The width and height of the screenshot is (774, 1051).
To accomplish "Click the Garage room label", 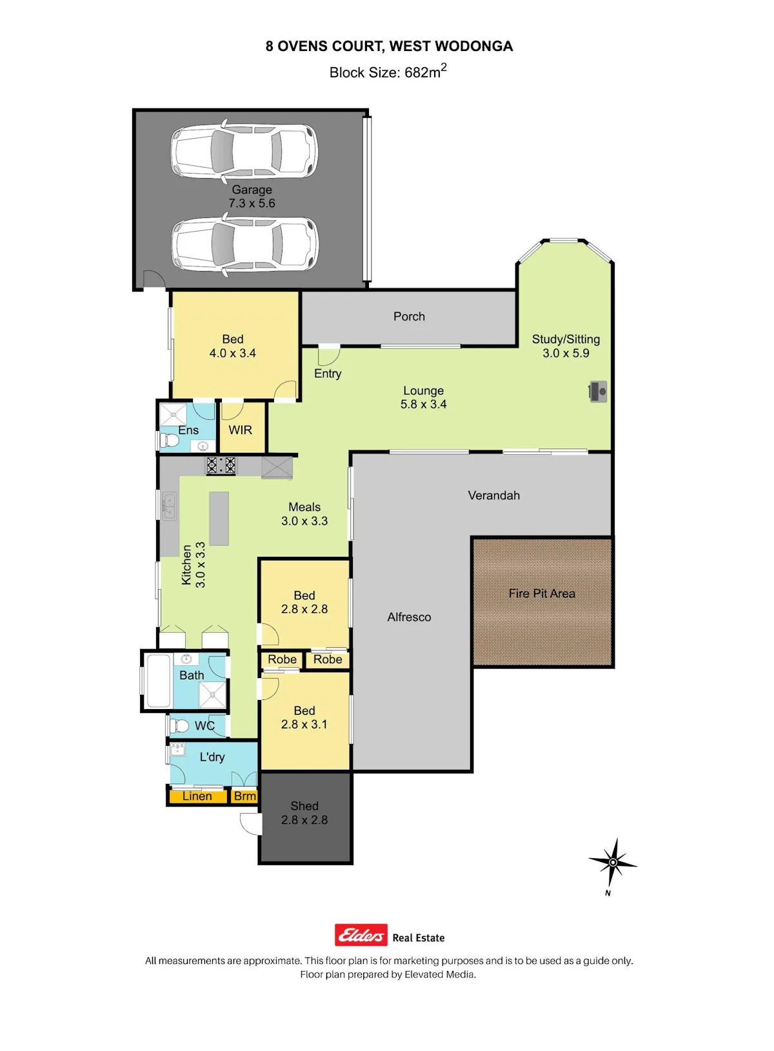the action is click(x=252, y=190).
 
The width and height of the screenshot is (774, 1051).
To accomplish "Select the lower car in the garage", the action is click(x=244, y=245).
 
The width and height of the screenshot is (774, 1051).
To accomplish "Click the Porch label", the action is click(x=409, y=317).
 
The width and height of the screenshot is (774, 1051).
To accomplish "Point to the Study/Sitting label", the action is click(x=566, y=339).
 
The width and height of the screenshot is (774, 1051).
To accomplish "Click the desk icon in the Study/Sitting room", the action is click(x=598, y=392).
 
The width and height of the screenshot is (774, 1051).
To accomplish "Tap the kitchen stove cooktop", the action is click(x=221, y=465).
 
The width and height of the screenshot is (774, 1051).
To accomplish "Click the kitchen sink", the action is click(x=170, y=506).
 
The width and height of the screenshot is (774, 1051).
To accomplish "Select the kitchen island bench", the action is click(x=219, y=519).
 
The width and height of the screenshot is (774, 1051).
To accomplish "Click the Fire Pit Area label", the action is click(x=542, y=594).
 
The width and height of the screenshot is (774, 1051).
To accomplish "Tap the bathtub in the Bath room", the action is click(x=159, y=681).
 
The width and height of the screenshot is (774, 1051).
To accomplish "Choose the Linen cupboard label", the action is click(x=197, y=796).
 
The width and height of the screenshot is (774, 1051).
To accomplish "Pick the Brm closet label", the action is click(x=245, y=796).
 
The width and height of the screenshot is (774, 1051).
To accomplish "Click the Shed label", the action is click(x=304, y=806).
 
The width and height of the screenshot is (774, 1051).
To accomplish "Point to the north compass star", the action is click(x=613, y=863).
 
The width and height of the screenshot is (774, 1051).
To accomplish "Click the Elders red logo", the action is click(x=361, y=935).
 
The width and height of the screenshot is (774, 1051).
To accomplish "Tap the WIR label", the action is click(x=240, y=430).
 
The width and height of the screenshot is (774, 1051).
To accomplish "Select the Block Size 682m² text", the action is click(x=388, y=72).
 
